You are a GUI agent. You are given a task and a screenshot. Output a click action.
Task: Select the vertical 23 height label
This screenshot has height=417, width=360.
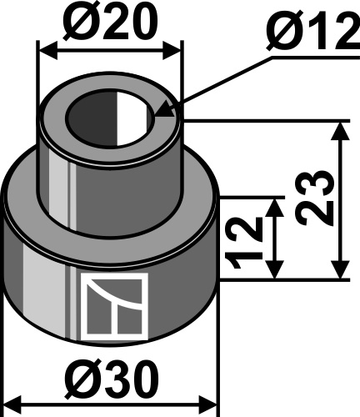coord(313,198)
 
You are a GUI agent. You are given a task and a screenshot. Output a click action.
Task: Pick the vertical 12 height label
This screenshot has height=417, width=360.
coord(243,242)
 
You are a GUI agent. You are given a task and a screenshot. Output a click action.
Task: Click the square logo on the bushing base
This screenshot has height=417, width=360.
coord(114,306)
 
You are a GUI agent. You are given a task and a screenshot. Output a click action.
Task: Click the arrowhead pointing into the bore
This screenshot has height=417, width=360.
coord(163,110)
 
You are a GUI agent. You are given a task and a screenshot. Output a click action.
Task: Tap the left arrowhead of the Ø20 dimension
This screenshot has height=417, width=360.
coord(47,50)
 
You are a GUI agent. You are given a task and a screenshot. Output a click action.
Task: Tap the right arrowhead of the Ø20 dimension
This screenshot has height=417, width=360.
coord(172,50)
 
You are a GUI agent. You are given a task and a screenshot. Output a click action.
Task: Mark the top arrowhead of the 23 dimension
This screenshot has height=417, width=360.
coord(341,131)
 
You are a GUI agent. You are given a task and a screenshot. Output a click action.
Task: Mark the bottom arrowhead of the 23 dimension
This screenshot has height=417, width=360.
coord(341,269)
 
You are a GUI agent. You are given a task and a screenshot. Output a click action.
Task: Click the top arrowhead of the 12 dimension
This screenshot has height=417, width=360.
coord(275,208)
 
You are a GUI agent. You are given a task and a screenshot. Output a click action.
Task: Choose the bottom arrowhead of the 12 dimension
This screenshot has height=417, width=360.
coord(275,269)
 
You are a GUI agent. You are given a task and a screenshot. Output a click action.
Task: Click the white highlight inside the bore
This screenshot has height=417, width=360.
coord(131,118)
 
